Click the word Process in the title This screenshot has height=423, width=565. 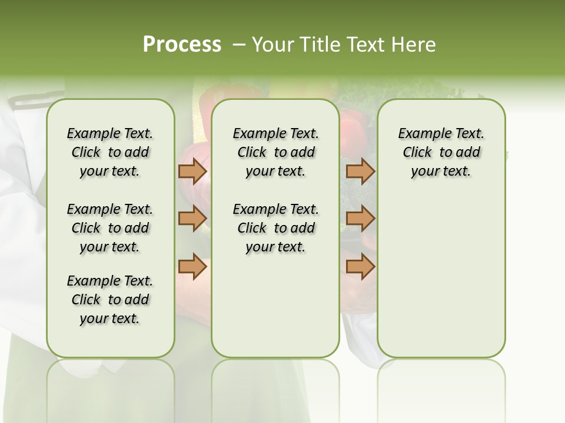point(182,45)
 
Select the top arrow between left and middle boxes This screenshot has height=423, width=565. point(192,171)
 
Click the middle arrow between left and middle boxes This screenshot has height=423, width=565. point(192,219)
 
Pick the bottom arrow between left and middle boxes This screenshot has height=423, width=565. point(192,267)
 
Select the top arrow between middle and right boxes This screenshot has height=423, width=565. point(360,171)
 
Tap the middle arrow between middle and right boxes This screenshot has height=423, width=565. point(360,219)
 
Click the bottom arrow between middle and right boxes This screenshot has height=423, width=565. point(360,267)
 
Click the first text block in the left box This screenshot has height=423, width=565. point(110,152)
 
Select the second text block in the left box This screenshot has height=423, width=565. point(110,228)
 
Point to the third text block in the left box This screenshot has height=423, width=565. point(110,300)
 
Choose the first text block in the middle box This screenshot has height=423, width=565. point(275,152)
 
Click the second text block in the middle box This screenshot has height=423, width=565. point(275,228)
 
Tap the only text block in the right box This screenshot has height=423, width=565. point(441,152)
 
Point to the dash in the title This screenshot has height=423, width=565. point(239,45)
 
